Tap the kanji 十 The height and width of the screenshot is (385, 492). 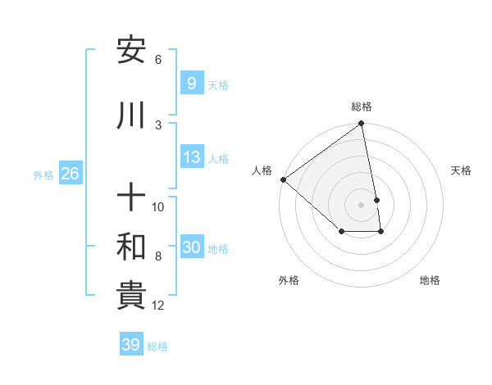click(131, 198)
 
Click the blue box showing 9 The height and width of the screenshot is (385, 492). click(191, 83)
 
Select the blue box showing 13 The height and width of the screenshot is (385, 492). click(191, 157)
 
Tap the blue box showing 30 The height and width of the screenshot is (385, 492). click(191, 247)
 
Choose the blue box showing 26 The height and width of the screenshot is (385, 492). click(70, 174)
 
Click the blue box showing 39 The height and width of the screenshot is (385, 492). click(130, 345)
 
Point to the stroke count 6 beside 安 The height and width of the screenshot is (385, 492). click(158, 60)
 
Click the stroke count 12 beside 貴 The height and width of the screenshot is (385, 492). click(158, 306)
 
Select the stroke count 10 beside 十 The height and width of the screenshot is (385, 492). click(158, 207)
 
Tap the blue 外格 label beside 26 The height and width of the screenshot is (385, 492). click(43, 174)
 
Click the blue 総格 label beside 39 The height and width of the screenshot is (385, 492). click(158, 346)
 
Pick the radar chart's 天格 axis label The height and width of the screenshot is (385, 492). click(461, 170)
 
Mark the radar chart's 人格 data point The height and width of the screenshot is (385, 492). click(283, 179)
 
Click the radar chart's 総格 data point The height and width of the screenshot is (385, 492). click(361, 125)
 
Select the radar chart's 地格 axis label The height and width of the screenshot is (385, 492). click(430, 280)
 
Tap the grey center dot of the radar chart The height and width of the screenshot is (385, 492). click(361, 204)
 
